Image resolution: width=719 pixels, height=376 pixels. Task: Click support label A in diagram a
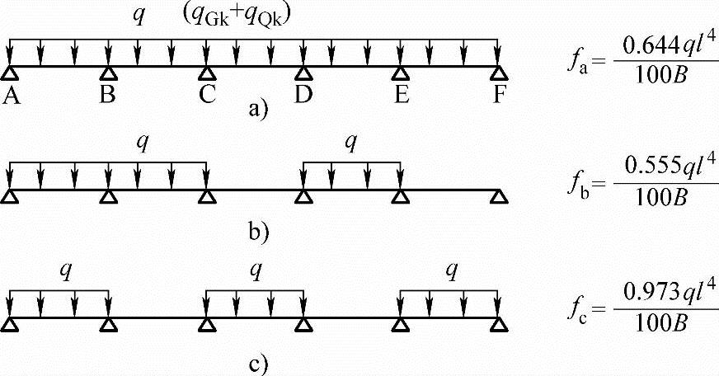coord(11,95)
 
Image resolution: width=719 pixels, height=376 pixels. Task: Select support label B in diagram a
coord(108,95)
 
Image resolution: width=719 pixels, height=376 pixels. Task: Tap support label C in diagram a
coord(206,95)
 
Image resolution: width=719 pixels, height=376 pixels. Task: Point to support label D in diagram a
coord(303,95)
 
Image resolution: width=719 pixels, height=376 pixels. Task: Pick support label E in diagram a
coord(402,95)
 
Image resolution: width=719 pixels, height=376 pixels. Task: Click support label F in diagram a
coord(499,95)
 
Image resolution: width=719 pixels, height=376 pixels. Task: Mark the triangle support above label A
coord(11,72)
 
